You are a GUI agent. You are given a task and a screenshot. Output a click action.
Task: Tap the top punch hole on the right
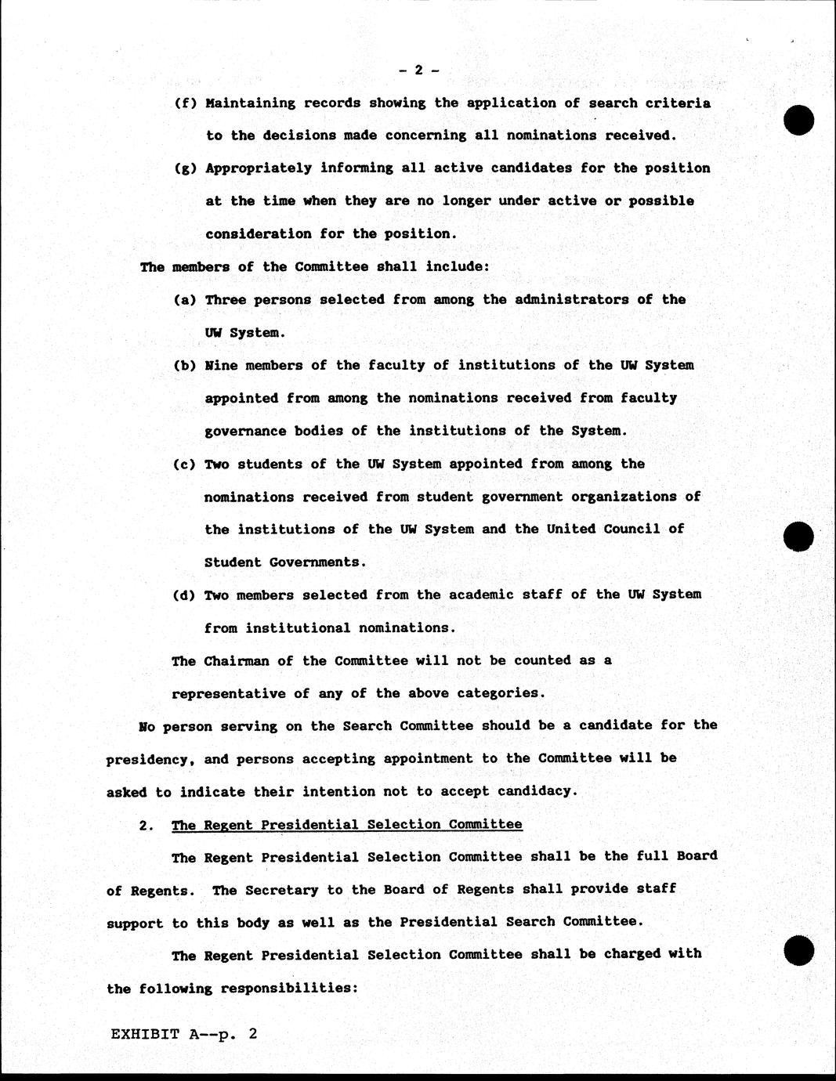798,120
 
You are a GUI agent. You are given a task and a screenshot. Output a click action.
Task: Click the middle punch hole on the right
798,537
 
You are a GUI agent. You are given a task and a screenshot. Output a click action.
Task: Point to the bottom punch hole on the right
798,950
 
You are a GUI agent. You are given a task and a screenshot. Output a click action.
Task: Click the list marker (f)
184,103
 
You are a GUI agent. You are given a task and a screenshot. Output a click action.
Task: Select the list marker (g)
184,168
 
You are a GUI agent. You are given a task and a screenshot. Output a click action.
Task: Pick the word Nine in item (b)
221,365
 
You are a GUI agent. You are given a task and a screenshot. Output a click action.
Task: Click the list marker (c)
184,464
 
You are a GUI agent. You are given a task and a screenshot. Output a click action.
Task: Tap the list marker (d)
184,595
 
